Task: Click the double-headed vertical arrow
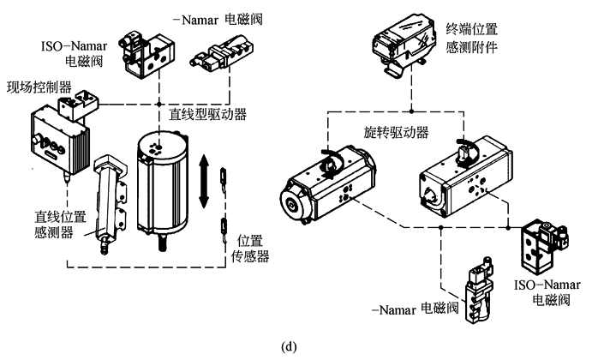[204, 180]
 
